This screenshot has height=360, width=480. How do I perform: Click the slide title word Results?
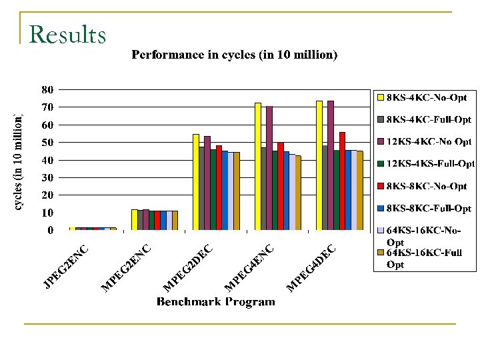(68, 34)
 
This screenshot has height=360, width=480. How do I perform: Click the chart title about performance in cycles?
(235, 55)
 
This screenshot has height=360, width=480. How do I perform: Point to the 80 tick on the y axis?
(47, 89)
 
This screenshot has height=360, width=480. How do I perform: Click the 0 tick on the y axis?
(50, 231)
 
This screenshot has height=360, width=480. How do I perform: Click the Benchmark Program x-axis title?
(215, 302)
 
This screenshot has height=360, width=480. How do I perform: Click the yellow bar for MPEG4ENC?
(258, 167)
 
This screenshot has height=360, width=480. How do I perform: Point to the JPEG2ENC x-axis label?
(65, 267)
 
